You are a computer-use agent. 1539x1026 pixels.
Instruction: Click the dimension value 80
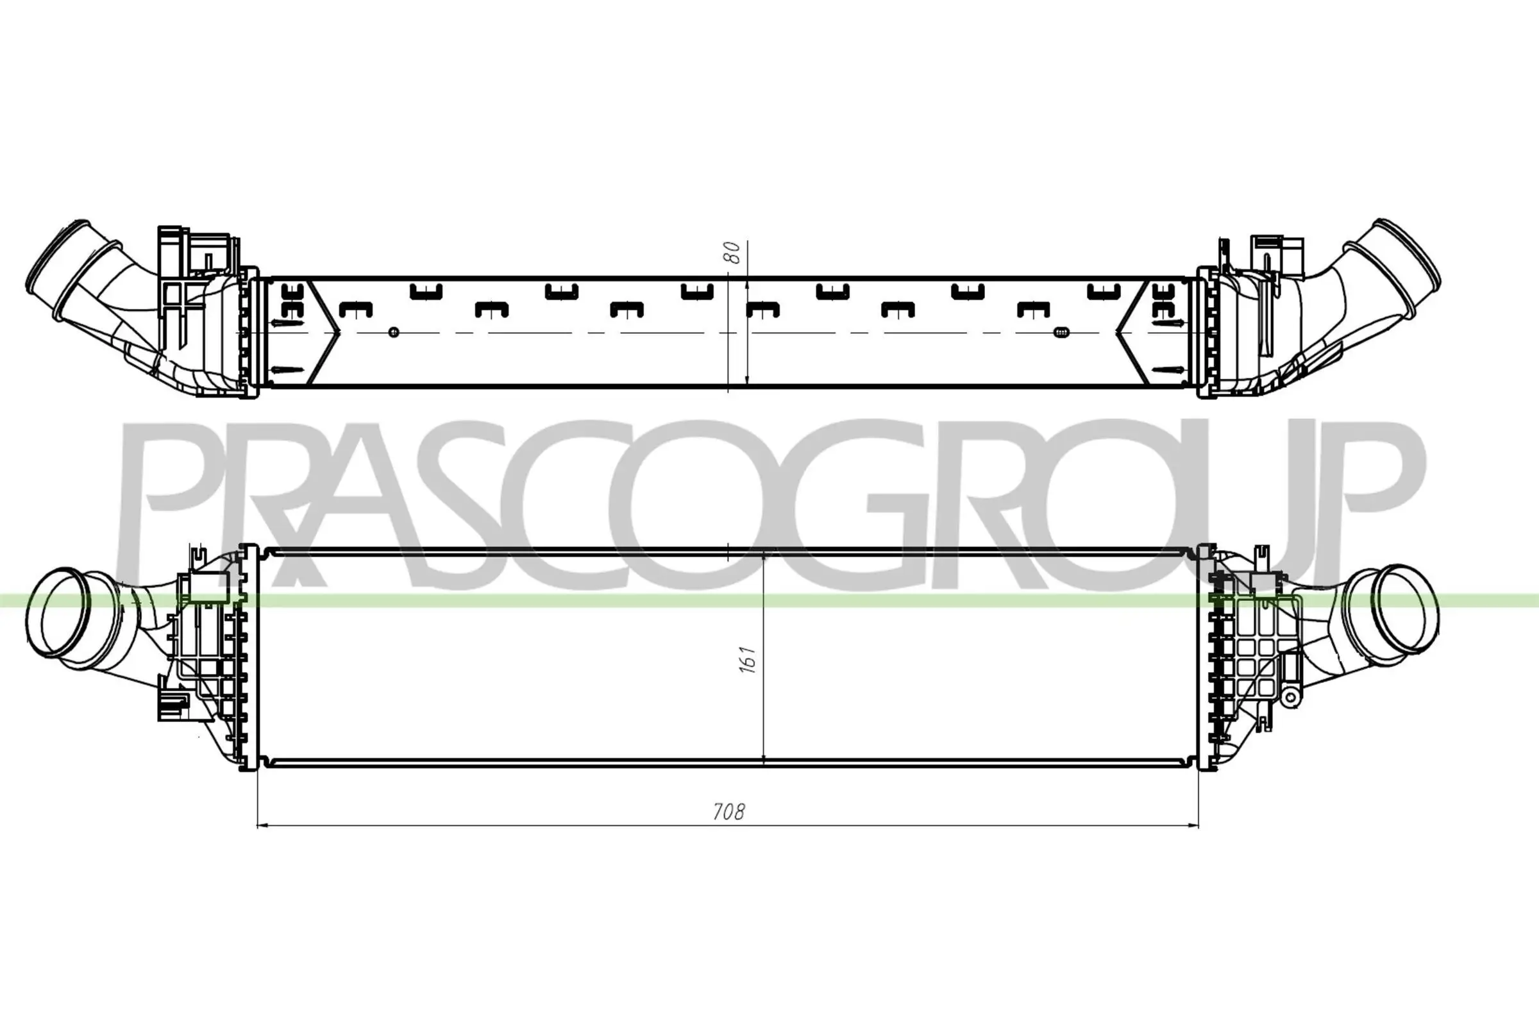point(734,253)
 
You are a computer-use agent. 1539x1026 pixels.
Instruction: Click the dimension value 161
point(748,660)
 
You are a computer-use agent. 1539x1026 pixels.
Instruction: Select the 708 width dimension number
point(728,812)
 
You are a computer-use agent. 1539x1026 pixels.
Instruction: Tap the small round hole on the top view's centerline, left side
point(393,332)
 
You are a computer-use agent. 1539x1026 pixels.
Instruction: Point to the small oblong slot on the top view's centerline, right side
point(1061,332)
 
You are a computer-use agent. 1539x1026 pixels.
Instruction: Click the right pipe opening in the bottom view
point(1401,612)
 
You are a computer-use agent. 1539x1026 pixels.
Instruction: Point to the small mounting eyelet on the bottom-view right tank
point(1290,698)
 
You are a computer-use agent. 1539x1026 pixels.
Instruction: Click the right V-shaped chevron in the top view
point(1131,332)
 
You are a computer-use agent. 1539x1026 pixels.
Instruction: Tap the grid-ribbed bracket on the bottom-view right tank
point(1253,654)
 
